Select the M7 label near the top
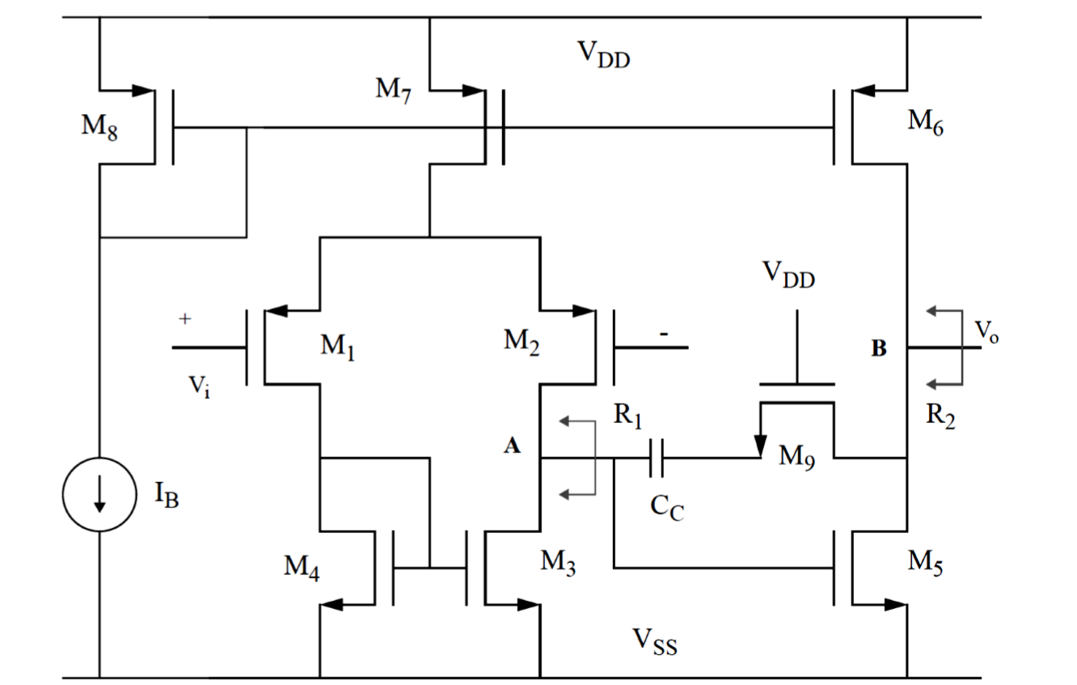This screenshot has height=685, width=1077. (x=394, y=89)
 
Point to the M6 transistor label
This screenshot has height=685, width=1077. (x=925, y=122)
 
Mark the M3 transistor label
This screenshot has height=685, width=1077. (x=559, y=564)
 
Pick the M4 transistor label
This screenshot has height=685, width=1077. (x=301, y=569)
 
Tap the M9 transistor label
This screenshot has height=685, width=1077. (x=796, y=458)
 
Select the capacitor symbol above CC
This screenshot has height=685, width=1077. (x=656, y=459)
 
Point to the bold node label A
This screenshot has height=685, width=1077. (x=512, y=446)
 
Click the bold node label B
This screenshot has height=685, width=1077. (x=879, y=349)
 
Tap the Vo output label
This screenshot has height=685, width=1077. (x=986, y=331)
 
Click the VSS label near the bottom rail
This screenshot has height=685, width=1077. (x=654, y=643)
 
